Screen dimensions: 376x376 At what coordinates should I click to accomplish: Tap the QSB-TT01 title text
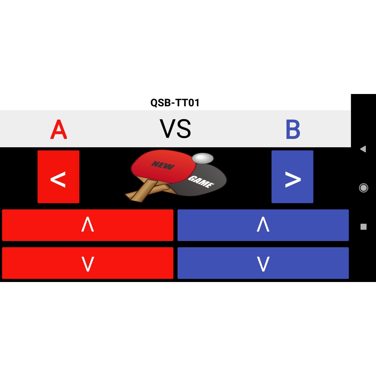click(x=175, y=103)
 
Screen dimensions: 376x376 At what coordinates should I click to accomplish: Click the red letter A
click(x=58, y=130)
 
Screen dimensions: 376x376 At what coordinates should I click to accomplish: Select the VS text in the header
click(x=175, y=129)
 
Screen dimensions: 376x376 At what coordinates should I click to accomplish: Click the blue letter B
click(x=293, y=130)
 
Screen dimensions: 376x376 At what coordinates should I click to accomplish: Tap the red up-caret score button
click(x=87, y=225)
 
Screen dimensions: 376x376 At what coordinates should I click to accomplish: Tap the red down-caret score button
click(x=87, y=263)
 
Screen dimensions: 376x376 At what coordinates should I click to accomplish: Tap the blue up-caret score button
click(x=263, y=225)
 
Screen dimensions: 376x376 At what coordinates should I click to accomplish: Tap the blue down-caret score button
click(x=263, y=263)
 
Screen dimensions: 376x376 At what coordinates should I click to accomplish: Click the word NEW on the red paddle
click(x=163, y=166)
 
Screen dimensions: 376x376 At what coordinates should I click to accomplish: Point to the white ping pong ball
click(x=202, y=158)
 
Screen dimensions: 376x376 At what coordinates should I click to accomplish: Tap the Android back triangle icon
click(x=363, y=149)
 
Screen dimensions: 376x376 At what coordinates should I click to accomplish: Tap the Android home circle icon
click(x=364, y=188)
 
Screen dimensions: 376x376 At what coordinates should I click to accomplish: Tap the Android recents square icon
click(x=364, y=227)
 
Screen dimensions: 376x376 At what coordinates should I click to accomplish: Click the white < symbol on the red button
click(x=58, y=180)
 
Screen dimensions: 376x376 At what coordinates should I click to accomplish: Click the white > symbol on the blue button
click(x=293, y=180)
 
